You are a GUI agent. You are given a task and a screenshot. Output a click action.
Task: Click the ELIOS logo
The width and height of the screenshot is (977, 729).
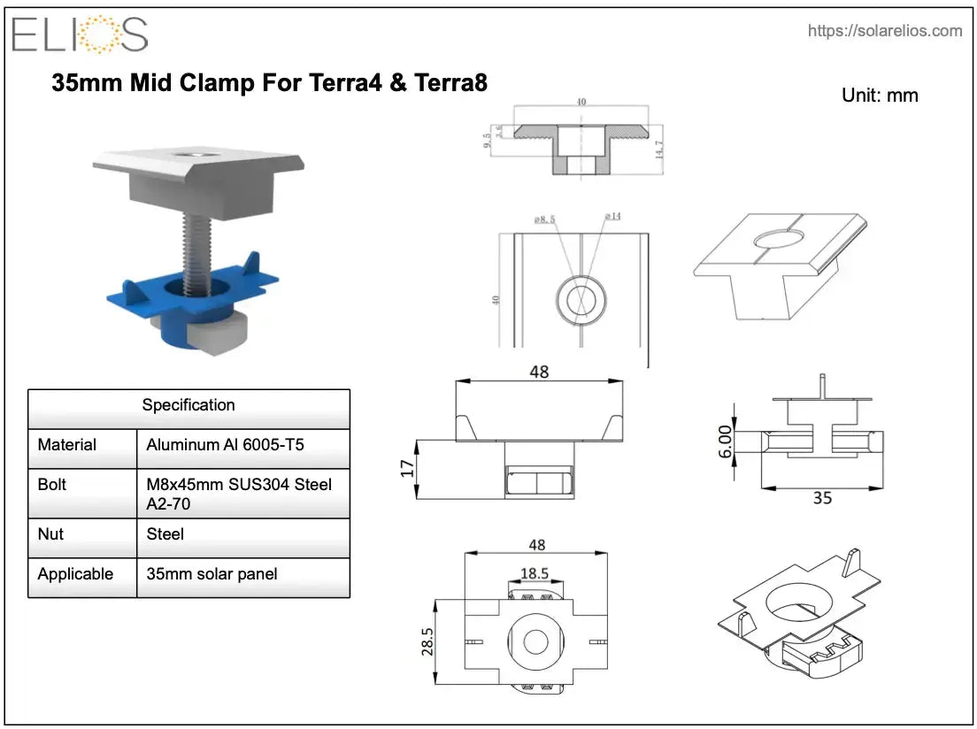[80, 35]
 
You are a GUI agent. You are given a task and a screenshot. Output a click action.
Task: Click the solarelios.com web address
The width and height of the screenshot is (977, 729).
[884, 31]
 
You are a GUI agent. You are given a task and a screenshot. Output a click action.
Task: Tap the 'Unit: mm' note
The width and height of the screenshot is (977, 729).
[880, 96]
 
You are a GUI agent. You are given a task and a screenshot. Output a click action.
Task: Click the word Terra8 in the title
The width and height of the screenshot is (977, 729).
[451, 83]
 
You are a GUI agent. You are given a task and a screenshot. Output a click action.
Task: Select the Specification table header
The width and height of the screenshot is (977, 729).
[188, 405]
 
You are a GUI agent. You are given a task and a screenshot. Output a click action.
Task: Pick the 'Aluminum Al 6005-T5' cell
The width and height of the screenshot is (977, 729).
[225, 445]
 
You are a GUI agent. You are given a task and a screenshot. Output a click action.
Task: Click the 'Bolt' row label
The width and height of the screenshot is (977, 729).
[51, 485]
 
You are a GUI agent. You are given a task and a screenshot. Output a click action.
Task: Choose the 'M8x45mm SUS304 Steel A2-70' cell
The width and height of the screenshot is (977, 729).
[239, 494]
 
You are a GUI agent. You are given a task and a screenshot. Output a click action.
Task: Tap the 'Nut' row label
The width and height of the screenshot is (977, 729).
[49, 534]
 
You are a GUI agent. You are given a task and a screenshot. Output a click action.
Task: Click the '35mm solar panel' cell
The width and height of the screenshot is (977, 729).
[212, 574]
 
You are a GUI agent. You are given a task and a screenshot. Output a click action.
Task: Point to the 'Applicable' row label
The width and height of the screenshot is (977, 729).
[75, 574]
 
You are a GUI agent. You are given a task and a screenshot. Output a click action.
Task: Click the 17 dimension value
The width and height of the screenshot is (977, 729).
[408, 467]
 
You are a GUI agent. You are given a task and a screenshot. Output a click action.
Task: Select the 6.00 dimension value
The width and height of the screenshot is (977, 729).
[726, 440]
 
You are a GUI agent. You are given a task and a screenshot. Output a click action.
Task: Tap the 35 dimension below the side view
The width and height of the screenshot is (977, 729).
[822, 498]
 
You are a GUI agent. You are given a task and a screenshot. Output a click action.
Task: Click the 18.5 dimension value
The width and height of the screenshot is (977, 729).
[535, 573]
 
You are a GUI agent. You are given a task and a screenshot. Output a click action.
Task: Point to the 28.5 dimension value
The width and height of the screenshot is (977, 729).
[427, 641]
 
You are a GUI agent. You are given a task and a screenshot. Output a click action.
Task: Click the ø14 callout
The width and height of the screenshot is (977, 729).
[612, 217]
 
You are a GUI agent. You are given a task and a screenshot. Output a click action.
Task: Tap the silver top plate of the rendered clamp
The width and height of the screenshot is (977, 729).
[200, 160]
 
